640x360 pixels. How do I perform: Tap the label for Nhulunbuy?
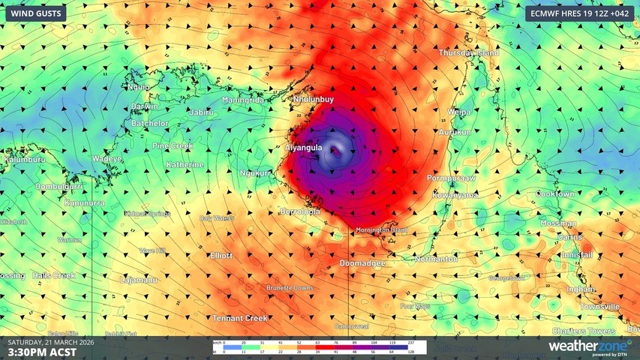pyautogui.click(x=313, y=99)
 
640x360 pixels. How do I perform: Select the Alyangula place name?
pyautogui.click(x=304, y=148)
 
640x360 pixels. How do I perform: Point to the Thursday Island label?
pyautogui.click(x=469, y=53)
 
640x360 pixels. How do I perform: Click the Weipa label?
pyautogui.click(x=459, y=112)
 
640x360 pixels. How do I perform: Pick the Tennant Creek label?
pyautogui.click(x=240, y=318)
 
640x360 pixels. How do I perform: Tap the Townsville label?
pyautogui.click(x=600, y=307)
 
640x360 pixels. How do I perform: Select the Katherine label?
pyautogui.click(x=185, y=164)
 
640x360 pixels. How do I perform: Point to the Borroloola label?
pyautogui.click(x=300, y=211)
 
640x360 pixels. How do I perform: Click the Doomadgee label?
pyautogui.click(x=362, y=263)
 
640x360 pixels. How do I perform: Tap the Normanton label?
pyautogui.click(x=436, y=259)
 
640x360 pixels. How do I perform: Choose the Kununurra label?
pyautogui.click(x=83, y=203)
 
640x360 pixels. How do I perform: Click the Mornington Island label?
pyautogui.click(x=382, y=229)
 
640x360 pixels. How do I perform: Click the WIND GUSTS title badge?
pyautogui.click(x=35, y=13)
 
